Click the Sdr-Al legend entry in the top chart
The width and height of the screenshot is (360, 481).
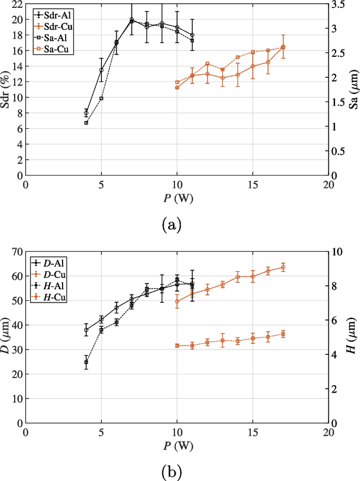[x=57, y=15]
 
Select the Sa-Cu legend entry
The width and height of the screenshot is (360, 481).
[x=57, y=49]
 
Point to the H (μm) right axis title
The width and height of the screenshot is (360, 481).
[x=353, y=337]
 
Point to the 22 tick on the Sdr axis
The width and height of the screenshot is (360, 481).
[x=16, y=4]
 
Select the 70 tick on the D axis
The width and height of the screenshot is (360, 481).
[x=16, y=252]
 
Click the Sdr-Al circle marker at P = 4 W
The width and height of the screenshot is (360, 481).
[x=86, y=113]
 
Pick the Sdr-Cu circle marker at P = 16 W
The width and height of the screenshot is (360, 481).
[x=268, y=62]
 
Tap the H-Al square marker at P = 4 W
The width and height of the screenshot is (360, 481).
[x=86, y=362]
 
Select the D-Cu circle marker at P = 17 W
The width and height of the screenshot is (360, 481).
[x=283, y=268]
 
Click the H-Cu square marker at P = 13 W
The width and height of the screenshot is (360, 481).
[x=223, y=341]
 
